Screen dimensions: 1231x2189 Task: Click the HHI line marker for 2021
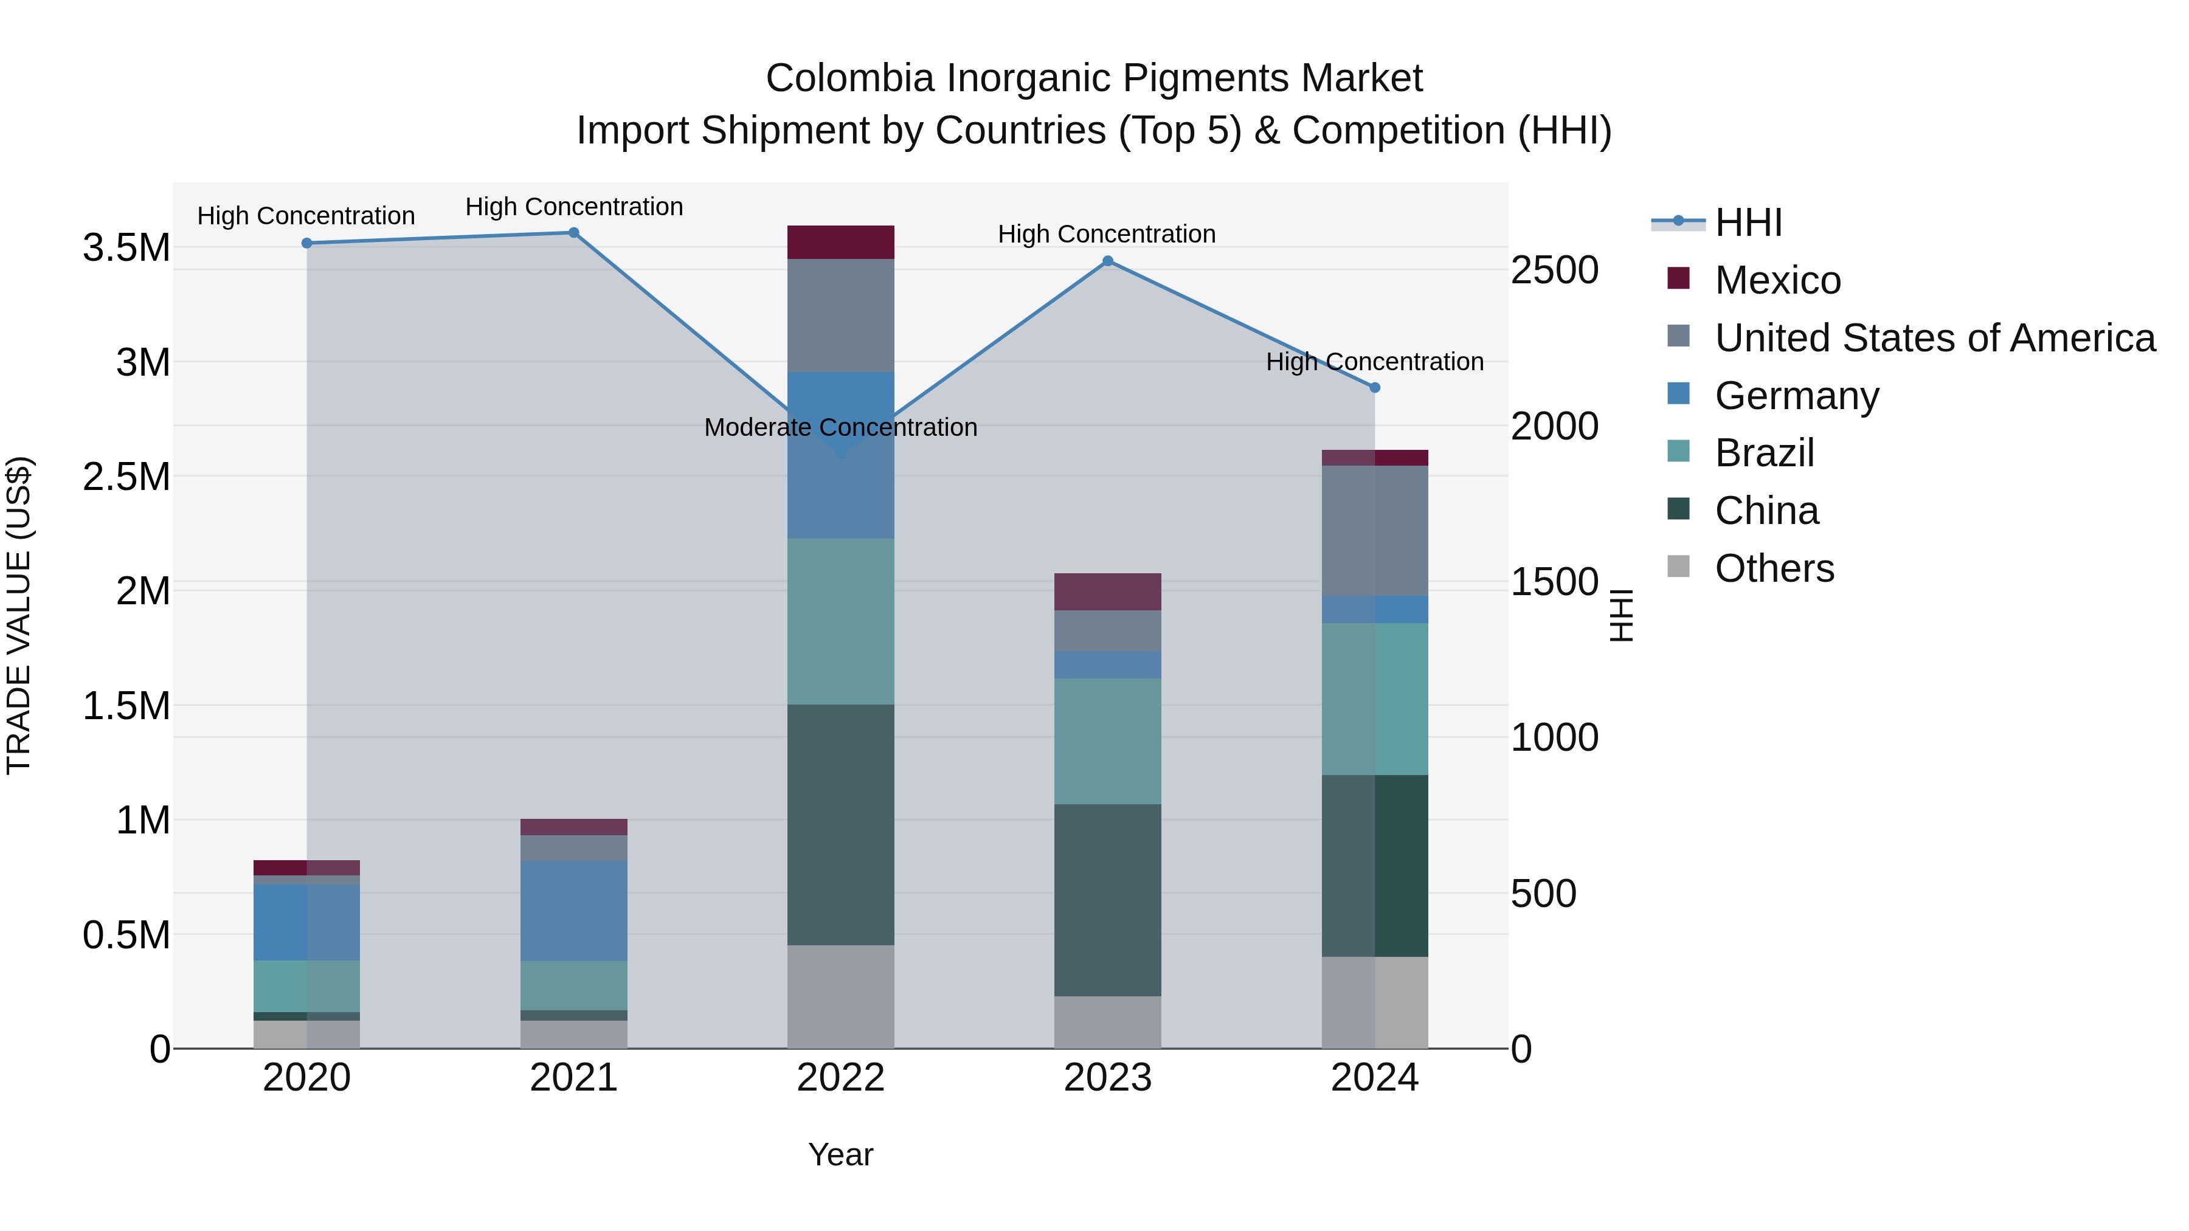(573, 233)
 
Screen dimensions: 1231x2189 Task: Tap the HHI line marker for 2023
(1107, 261)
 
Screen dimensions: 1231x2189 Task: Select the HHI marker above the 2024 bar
(1375, 387)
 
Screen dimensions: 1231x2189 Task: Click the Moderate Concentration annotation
(840, 427)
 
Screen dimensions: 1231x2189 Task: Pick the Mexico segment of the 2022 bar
(840, 242)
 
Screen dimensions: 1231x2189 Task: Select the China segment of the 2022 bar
(840, 824)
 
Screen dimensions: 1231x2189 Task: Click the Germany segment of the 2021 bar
(573, 911)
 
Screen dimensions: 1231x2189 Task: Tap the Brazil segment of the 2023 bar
(1107, 741)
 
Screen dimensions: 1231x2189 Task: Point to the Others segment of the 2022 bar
(840, 996)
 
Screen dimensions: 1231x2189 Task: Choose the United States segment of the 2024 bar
(1375, 531)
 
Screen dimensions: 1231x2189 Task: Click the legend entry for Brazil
(1764, 453)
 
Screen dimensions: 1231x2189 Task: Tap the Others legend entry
(1774, 568)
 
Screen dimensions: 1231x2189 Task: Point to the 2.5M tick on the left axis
(126, 477)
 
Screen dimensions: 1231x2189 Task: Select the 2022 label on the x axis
(840, 1078)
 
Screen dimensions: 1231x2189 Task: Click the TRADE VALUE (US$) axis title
(19, 615)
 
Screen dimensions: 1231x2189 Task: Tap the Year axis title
(840, 1154)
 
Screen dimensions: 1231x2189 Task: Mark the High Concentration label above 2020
(306, 216)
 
